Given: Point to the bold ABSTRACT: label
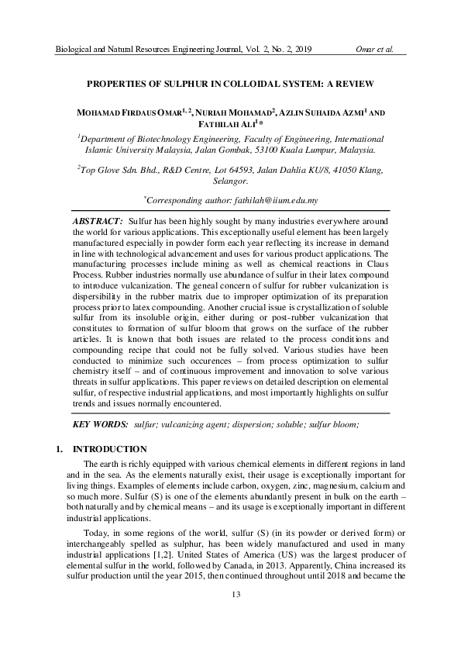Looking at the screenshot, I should coord(98,222).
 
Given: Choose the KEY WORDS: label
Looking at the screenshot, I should coord(100,425).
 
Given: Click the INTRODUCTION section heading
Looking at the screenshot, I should coord(109,449).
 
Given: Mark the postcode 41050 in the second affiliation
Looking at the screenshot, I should coord(346,169).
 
